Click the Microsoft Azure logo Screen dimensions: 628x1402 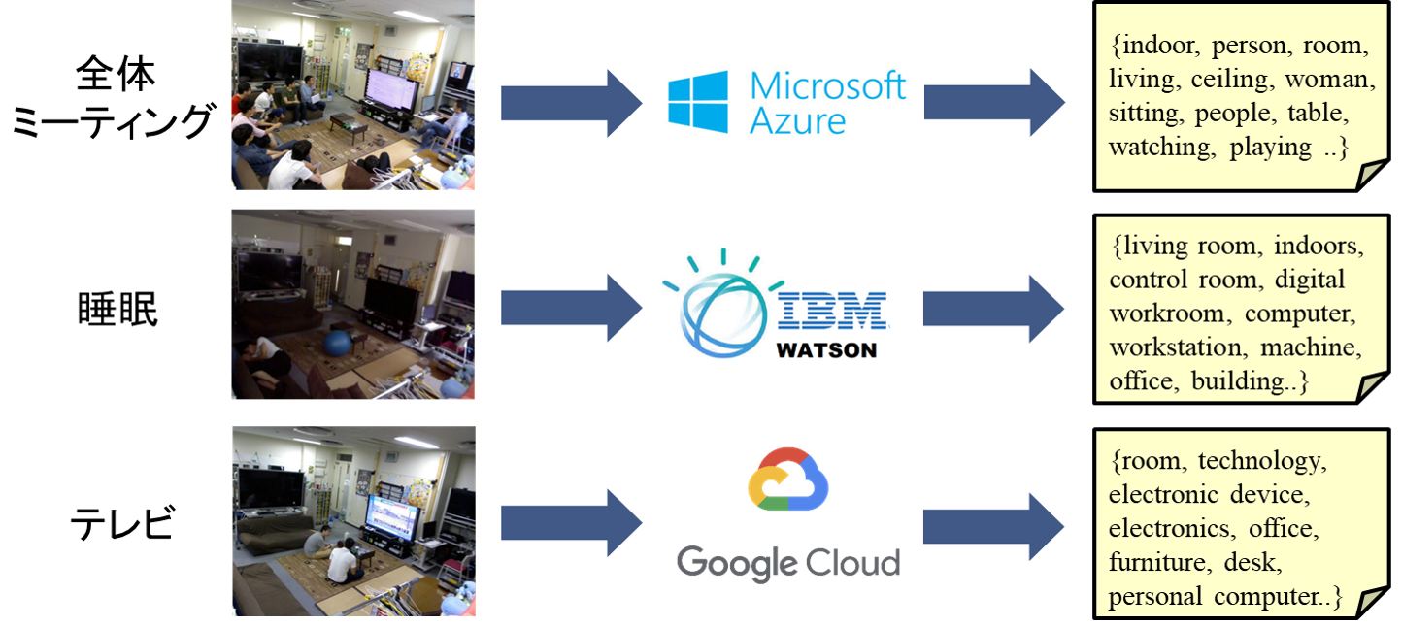(787, 99)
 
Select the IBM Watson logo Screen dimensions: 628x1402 (776, 306)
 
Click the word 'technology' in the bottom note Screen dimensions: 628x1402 (1260, 460)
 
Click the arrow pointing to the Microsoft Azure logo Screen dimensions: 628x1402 (571, 102)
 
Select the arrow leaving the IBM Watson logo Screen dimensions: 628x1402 (992, 308)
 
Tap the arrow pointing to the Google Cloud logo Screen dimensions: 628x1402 (571, 524)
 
